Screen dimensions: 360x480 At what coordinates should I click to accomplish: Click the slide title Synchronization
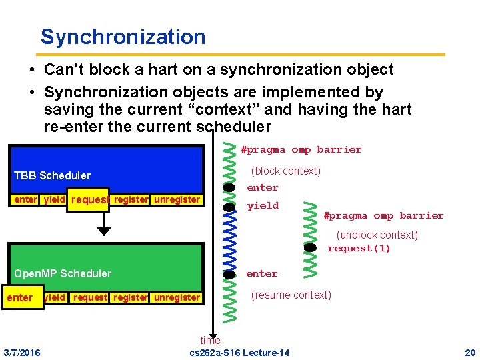point(123,37)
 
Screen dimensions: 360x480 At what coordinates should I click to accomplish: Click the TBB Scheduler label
point(52,176)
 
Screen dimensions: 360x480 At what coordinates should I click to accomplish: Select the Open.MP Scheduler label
point(63,273)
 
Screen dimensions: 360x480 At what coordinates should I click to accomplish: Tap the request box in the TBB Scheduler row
point(90,200)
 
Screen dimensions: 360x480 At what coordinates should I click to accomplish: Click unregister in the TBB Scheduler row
point(177,199)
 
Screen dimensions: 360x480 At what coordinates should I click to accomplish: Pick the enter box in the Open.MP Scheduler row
point(19,298)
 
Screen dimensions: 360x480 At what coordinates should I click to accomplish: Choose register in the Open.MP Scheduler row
point(131,298)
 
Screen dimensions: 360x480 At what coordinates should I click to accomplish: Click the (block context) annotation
point(285,171)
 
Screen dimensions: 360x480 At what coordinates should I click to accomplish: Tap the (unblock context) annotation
point(377,235)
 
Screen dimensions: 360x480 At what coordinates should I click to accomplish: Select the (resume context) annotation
point(291,295)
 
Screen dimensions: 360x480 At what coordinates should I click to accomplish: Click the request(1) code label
point(359,249)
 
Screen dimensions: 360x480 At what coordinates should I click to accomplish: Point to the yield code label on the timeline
point(263,206)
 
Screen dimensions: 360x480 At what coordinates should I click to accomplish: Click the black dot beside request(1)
point(310,247)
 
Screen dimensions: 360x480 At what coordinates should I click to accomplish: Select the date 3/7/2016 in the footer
point(21,352)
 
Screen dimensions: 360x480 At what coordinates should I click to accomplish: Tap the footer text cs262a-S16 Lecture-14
point(239,352)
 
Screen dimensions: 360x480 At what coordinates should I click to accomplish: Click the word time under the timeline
point(210,341)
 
